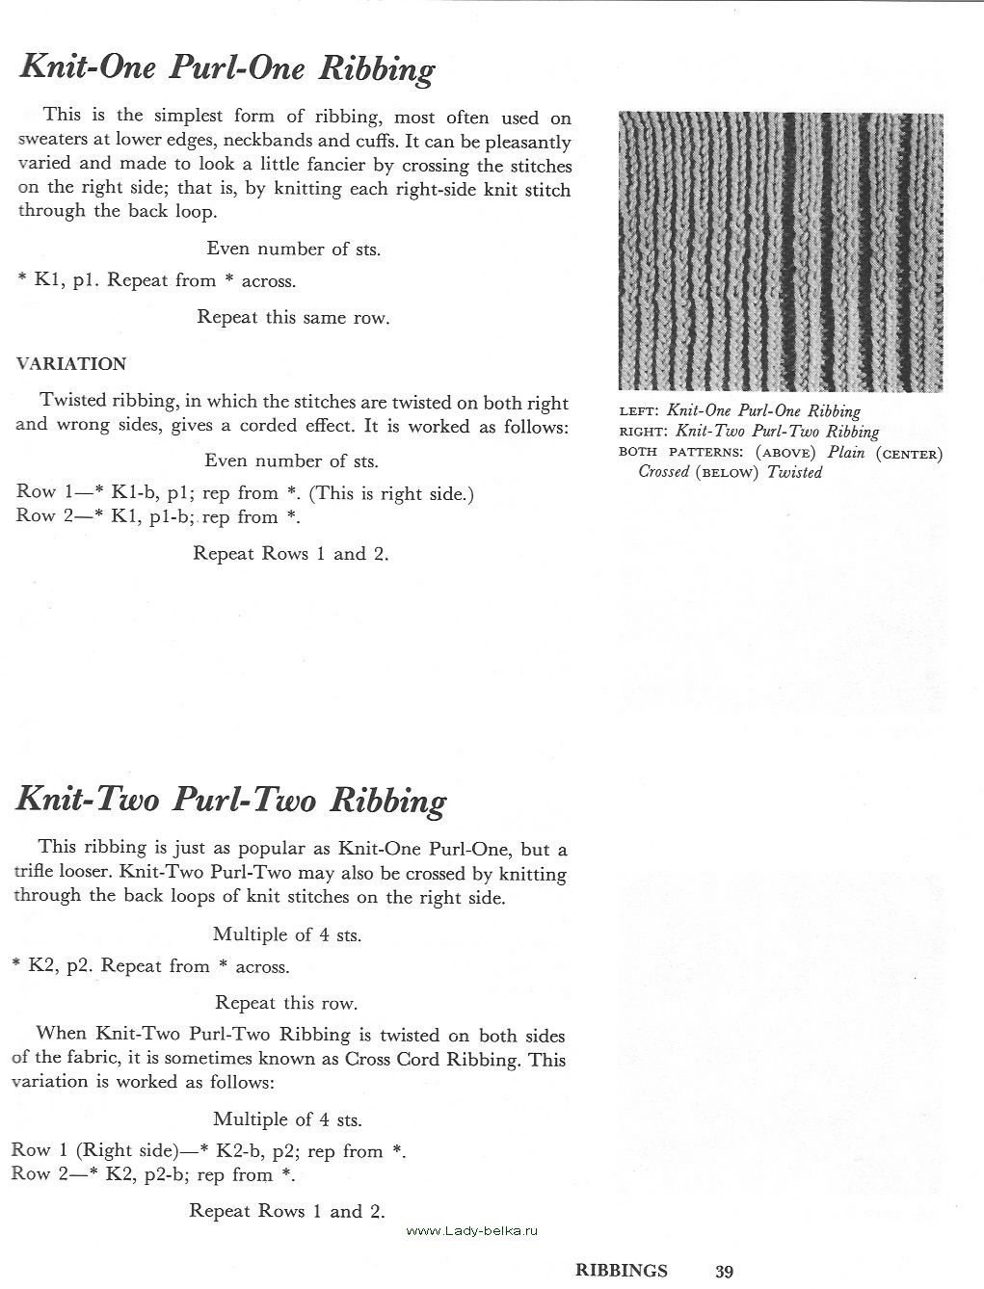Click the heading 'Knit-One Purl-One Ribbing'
tap(227, 69)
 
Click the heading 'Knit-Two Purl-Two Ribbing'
tap(232, 801)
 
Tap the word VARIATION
tap(71, 364)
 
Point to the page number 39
tap(725, 1272)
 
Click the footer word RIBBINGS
tap(621, 1271)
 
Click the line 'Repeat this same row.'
tap(293, 317)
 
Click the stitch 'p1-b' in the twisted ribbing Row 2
tap(173, 517)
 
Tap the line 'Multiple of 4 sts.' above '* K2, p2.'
tap(287, 934)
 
